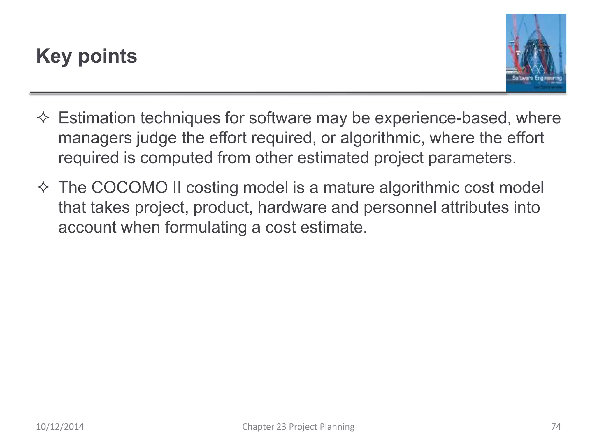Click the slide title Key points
click(86, 56)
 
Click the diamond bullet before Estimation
click(43, 118)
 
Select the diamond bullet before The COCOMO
click(43, 188)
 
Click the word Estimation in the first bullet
click(96, 118)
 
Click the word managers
click(95, 138)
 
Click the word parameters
click(472, 158)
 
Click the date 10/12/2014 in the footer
click(60, 427)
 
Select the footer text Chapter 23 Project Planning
click(298, 427)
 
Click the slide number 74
click(556, 427)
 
